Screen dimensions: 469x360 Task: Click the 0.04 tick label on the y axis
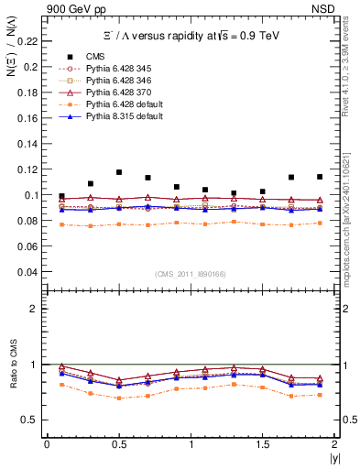[x=29, y=272]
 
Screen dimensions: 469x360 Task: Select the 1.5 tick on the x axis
[x=263, y=444]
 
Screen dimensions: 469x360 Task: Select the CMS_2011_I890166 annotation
[x=191, y=274]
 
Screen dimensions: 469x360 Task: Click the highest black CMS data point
[x=119, y=172]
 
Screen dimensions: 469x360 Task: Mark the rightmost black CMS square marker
[x=320, y=177]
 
